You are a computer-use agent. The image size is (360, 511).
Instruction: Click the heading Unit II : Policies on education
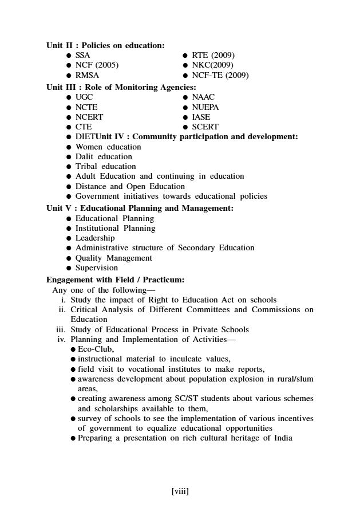105,45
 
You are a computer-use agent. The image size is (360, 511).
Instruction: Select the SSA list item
83,55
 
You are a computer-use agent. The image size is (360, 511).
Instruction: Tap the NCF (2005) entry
97,65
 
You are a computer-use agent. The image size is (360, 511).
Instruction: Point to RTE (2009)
213,55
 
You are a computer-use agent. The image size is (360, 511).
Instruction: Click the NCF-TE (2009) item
220,75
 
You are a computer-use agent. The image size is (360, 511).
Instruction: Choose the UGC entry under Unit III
84,97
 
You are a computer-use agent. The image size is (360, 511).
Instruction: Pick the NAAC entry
203,97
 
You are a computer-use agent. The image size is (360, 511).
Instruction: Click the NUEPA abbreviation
205,107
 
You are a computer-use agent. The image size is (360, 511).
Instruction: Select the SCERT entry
205,127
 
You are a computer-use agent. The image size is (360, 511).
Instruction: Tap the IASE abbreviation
201,117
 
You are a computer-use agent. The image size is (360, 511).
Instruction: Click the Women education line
108,147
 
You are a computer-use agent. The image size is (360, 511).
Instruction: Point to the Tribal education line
106,166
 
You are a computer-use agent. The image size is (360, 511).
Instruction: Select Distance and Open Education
130,186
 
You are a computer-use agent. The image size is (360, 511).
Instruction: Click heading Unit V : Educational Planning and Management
140,208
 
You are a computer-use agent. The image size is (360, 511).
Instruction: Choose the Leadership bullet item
95,238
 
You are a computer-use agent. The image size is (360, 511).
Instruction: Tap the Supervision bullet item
97,268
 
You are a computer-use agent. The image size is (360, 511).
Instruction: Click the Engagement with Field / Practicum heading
115,280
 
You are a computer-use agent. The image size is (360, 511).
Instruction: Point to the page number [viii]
180,491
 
